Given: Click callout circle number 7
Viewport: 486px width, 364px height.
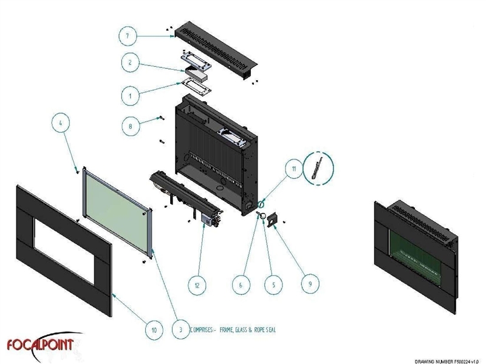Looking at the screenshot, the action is (128, 36).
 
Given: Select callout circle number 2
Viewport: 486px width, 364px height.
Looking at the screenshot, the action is (130, 62).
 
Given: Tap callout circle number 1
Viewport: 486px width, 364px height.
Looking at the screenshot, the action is (130, 96).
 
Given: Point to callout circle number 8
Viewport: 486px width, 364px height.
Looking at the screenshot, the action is (131, 126).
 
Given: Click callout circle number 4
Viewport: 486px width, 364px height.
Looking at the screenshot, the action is (60, 123).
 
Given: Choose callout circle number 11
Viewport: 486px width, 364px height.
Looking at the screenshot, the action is (294, 169).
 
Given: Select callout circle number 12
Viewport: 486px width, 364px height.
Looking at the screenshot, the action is (197, 285).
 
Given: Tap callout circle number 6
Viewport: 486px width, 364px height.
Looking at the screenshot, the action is (241, 285).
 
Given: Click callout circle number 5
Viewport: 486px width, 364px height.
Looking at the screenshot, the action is (274, 285).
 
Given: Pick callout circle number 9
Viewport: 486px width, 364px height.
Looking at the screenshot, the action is (310, 283).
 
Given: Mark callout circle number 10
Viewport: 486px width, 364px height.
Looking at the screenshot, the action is (154, 330).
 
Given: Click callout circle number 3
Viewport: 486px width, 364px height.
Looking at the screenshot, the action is (180, 329).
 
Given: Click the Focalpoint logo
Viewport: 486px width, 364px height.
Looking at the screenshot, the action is (41, 345).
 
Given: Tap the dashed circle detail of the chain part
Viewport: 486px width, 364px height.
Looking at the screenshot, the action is (318, 169).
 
